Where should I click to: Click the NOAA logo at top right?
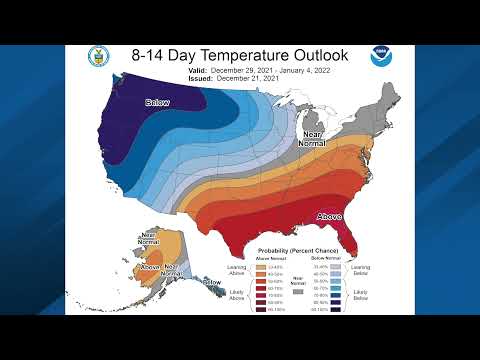tap(381, 56)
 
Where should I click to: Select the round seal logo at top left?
tap(99, 56)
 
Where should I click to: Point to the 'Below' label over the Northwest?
tap(158, 102)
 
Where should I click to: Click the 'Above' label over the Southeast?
tap(331, 216)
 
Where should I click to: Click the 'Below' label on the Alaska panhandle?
tap(212, 283)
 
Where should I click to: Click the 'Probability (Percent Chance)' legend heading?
tap(299, 250)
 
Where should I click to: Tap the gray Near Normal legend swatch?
tap(297, 291)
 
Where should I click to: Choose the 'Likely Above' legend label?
tap(237, 294)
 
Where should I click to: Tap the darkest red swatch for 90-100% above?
tap(260, 309)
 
